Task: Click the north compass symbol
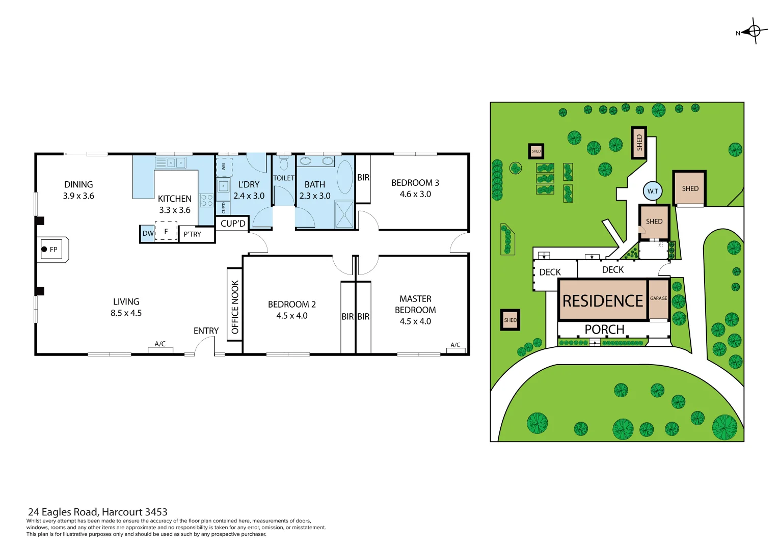(754, 32)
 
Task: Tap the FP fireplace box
(51, 250)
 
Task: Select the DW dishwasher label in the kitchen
(147, 234)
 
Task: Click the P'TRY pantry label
(193, 234)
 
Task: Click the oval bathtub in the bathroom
(345, 177)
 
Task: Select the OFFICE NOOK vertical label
(235, 307)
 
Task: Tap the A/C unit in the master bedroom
(455, 348)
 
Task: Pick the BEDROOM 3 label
(415, 183)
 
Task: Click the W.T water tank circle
(653, 191)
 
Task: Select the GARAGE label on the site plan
(658, 298)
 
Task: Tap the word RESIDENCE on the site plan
(603, 301)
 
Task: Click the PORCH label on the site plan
(604, 329)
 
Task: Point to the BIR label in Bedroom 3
(363, 178)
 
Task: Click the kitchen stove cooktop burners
(206, 200)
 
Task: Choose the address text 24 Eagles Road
(97, 512)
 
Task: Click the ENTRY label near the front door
(206, 331)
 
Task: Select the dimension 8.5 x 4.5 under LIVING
(126, 313)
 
